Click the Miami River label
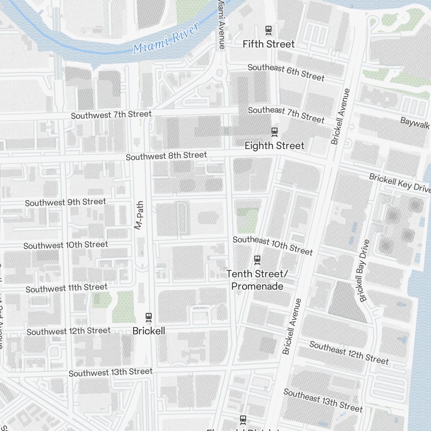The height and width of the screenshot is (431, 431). coord(166,39)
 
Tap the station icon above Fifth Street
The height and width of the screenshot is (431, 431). coord(269,30)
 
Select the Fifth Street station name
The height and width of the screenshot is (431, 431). coord(269,44)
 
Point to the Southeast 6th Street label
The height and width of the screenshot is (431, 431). coord(286,72)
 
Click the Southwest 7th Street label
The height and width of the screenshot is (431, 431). coord(111,115)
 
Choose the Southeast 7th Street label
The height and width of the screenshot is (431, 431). coord(286,114)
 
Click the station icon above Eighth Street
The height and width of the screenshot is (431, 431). coord(274,132)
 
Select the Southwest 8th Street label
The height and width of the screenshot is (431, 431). coord(166,156)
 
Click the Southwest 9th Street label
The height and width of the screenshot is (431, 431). coord(66,202)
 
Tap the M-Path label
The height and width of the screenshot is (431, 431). coord(138,215)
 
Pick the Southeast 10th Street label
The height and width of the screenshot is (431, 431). coord(272,245)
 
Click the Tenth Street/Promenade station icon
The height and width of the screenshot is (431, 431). coord(257,259)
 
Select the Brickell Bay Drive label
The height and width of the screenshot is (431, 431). coord(364,271)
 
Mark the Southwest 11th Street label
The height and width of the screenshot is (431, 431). coord(66,287)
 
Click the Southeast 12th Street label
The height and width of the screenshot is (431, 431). coord(349,353)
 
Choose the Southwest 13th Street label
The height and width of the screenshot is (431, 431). coord(111,372)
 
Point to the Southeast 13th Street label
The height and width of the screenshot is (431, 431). coord(323,400)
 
